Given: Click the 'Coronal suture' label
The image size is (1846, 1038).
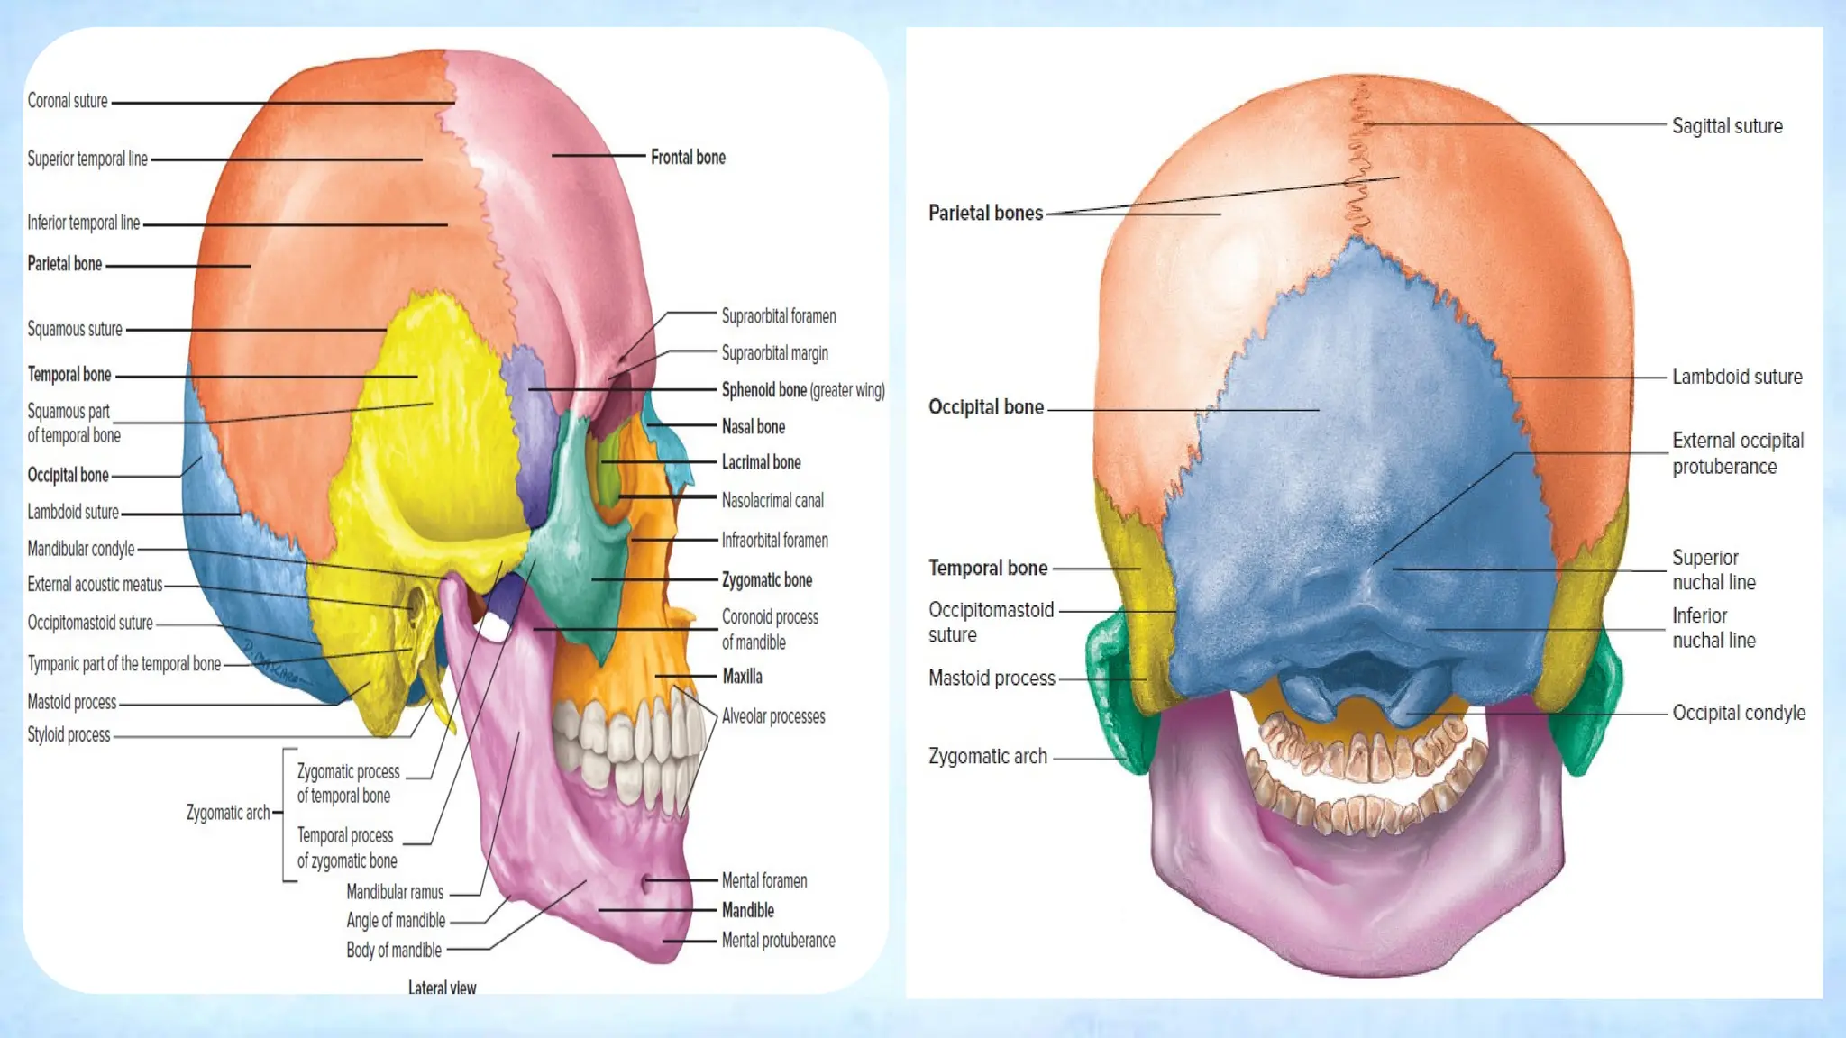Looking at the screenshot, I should click(x=68, y=101).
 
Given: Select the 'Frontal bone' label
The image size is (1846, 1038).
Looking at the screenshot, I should click(x=688, y=158).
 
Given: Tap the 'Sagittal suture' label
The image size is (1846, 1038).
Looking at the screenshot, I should click(x=1727, y=126).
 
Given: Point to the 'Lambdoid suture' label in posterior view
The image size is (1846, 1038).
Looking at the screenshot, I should click(x=1737, y=377).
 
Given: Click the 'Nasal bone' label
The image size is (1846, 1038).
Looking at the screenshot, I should click(x=753, y=426).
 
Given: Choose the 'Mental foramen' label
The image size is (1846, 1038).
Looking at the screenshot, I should click(x=763, y=880).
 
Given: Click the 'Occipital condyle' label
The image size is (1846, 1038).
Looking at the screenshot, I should click(x=1739, y=713).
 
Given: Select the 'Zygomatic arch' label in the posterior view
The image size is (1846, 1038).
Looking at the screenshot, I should click(x=988, y=757).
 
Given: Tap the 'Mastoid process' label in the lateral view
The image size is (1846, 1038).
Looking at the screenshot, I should click(x=72, y=702).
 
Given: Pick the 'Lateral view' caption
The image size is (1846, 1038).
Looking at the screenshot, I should click(x=442, y=988).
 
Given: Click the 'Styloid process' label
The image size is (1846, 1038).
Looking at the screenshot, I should click(x=69, y=734).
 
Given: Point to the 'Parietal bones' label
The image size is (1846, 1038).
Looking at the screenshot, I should click(x=985, y=214).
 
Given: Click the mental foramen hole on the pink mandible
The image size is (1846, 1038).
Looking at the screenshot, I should click(x=646, y=884).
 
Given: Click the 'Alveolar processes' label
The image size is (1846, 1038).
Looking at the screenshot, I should click(x=773, y=716).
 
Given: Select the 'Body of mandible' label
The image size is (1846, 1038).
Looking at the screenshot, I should click(x=394, y=950).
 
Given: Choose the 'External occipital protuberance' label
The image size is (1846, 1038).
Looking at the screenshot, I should click(x=1738, y=453).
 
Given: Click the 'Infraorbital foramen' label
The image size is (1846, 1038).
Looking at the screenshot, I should click(x=774, y=541).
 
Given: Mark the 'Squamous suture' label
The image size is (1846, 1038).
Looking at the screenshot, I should click(x=75, y=329).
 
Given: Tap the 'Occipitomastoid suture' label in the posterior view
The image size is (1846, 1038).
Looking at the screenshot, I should click(x=991, y=622).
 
